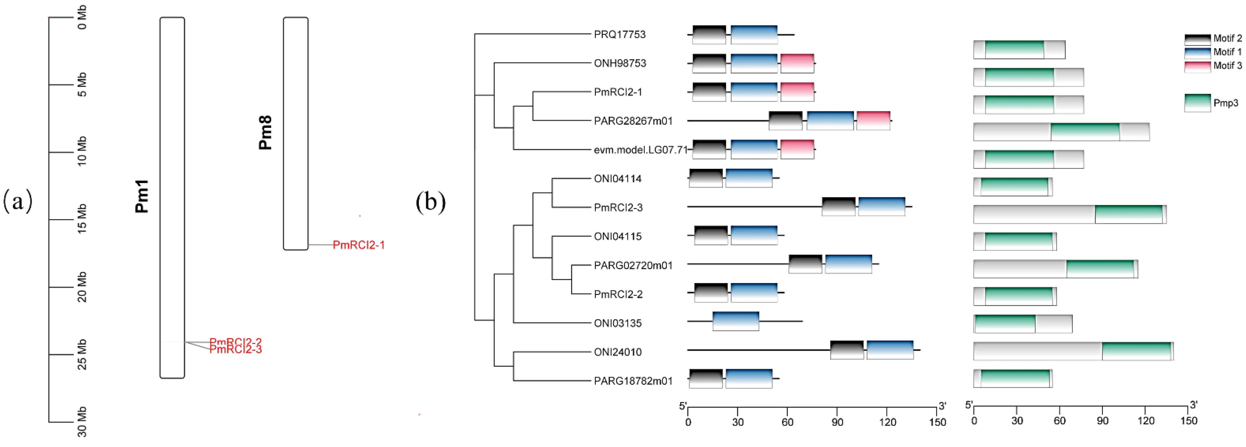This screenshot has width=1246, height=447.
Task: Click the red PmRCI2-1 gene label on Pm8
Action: pyautogui.click(x=359, y=245)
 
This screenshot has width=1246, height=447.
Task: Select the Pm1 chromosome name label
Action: pyautogui.click(x=142, y=196)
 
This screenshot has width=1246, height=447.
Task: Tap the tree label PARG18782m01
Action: pyautogui.click(x=633, y=381)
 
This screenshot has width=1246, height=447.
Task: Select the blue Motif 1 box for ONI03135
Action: pyautogui.click(x=735, y=321)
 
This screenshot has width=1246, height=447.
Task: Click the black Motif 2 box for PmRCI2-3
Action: pyautogui.click(x=838, y=206)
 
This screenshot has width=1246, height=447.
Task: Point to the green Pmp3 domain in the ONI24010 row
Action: pyautogui.click(x=1136, y=351)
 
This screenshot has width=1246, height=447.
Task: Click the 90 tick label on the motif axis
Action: pyautogui.click(x=837, y=422)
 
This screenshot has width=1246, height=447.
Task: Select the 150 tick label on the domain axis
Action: pyautogui.click(x=1188, y=421)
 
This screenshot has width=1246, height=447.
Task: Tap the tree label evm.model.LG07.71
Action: pyautogui.click(x=640, y=150)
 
